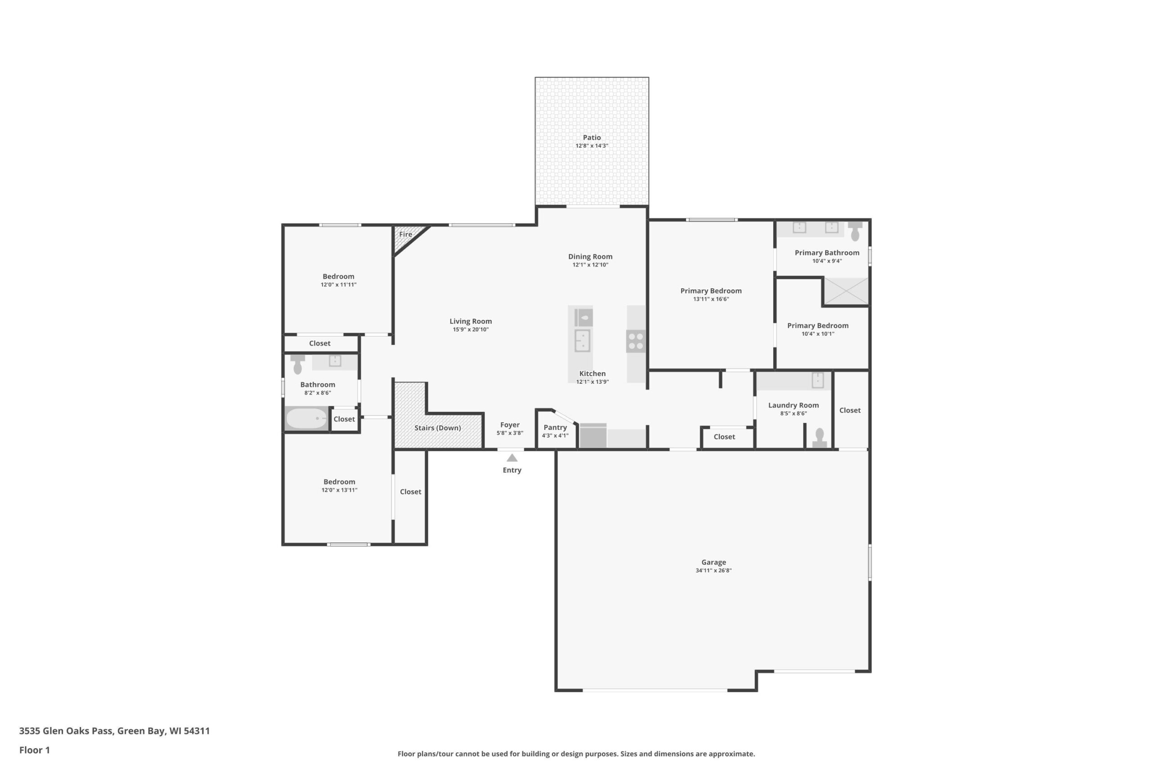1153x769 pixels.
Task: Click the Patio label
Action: click(592, 137)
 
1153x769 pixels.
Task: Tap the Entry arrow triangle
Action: click(512, 458)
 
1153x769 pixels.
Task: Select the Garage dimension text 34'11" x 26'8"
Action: click(713, 570)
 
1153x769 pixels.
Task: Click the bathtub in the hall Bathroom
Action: click(306, 419)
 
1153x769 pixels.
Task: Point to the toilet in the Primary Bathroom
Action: click(855, 231)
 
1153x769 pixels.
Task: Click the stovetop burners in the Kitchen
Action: click(636, 341)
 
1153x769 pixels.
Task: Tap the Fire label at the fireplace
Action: click(405, 234)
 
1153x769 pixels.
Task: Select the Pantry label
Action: click(555, 427)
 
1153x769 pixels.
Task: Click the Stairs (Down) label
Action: click(437, 428)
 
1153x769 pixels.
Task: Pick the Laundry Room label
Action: click(793, 405)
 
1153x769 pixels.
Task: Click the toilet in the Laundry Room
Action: click(820, 437)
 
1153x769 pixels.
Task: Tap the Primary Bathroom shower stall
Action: click(846, 291)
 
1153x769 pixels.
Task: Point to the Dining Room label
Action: click(590, 256)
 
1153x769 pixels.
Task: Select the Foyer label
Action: click(510, 425)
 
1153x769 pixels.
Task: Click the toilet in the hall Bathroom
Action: click(298, 364)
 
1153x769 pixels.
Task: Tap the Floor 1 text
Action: click(34, 750)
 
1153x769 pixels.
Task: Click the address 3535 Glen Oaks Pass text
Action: click(67, 731)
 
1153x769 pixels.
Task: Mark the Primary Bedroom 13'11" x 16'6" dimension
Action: click(711, 299)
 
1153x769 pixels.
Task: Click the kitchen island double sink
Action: click(582, 341)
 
